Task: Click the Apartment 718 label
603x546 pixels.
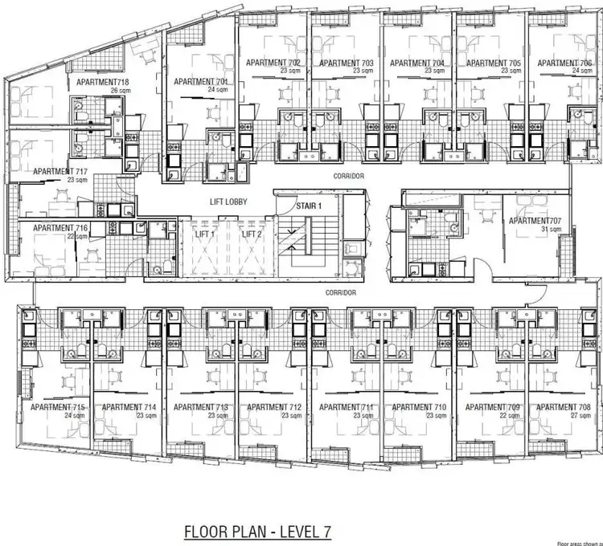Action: pos(103,82)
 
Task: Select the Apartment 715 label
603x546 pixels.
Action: pos(57,407)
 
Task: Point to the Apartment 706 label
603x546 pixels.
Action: pos(564,63)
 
